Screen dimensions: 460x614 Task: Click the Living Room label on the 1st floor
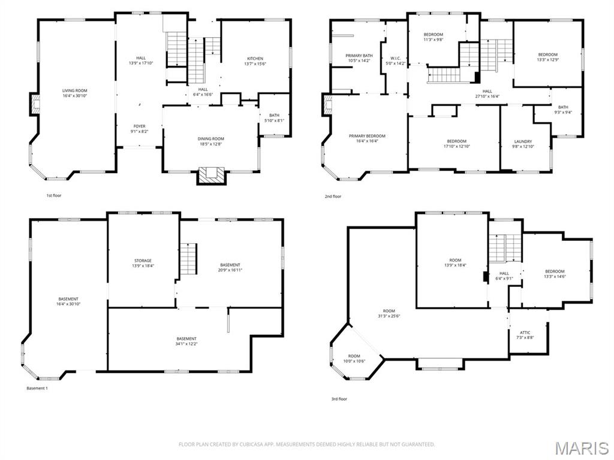tap(79, 90)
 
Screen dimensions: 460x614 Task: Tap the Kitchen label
tap(255, 59)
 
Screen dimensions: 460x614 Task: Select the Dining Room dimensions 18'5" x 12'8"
tap(210, 144)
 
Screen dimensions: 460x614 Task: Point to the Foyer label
tap(139, 126)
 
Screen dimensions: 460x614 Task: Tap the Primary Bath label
tap(359, 55)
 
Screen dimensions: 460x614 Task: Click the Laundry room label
tap(523, 142)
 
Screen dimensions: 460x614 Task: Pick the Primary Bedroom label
tap(367, 136)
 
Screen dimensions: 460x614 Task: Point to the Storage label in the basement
tap(143, 261)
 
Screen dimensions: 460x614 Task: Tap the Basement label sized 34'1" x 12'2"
tap(186, 339)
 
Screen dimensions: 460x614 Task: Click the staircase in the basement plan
tap(189, 257)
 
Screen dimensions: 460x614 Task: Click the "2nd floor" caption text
tap(333, 196)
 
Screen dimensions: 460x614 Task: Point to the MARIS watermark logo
tap(582, 448)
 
